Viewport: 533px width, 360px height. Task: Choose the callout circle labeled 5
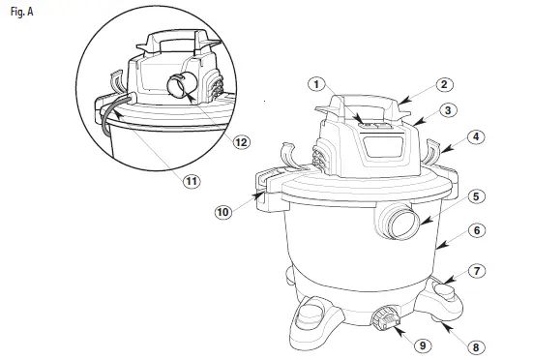tap(476, 196)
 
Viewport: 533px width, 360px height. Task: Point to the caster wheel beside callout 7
tap(444, 288)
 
